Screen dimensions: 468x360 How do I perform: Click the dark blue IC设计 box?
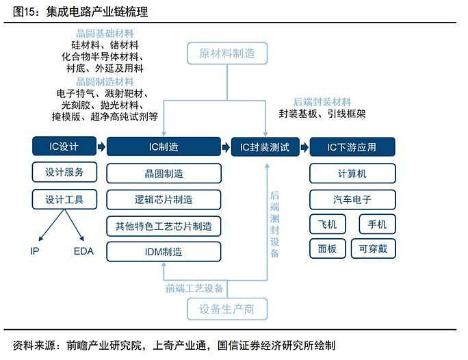(x=64, y=146)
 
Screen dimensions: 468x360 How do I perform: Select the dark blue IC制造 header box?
(x=164, y=146)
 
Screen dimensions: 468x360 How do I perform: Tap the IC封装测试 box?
(x=265, y=147)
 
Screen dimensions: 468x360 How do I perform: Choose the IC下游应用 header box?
(x=352, y=147)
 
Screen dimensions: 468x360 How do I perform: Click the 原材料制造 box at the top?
(x=227, y=53)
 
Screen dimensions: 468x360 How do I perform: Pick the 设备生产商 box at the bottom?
(x=227, y=309)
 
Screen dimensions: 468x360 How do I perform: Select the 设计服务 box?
(x=64, y=172)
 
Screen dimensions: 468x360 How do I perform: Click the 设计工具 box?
(x=64, y=199)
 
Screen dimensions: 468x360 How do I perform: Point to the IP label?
(x=35, y=251)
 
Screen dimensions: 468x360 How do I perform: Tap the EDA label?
(x=83, y=251)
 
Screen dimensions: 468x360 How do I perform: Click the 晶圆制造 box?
(x=164, y=173)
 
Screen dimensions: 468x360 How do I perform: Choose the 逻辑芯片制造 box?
(x=164, y=199)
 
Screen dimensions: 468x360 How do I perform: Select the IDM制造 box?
(x=164, y=252)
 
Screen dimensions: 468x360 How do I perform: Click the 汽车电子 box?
(x=352, y=199)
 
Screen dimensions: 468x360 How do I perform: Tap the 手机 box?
(x=377, y=224)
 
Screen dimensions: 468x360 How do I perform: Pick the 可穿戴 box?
(x=374, y=248)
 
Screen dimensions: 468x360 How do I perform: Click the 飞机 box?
(x=328, y=224)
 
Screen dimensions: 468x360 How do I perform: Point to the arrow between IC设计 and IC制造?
(x=101, y=146)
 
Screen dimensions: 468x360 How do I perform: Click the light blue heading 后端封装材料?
(x=322, y=102)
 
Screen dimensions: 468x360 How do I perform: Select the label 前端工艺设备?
(x=194, y=288)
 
